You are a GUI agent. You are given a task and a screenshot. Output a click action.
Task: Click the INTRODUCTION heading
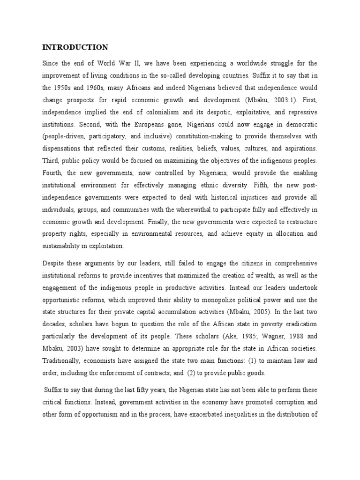click(75, 47)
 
